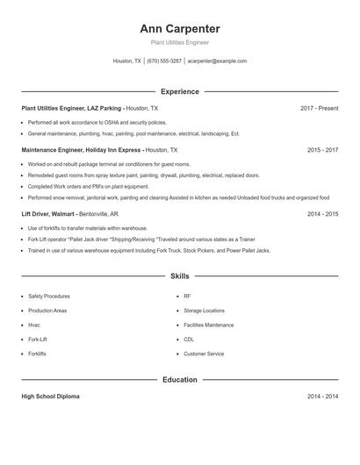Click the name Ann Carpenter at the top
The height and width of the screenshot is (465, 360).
pyautogui.click(x=179, y=29)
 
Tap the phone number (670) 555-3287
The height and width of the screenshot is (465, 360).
pyautogui.click(x=164, y=61)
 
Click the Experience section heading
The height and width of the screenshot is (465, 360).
pyautogui.click(x=179, y=91)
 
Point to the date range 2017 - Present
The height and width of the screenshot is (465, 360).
pyautogui.click(x=319, y=108)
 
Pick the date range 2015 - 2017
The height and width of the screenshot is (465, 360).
pyautogui.click(x=322, y=150)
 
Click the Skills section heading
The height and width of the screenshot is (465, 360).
pyautogui.click(x=179, y=275)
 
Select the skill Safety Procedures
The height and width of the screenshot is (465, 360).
pyautogui.click(x=49, y=297)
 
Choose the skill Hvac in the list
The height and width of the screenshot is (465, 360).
pyautogui.click(x=35, y=325)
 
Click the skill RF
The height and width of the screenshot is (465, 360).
pyautogui.click(x=187, y=297)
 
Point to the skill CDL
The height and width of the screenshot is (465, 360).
pyautogui.click(x=189, y=339)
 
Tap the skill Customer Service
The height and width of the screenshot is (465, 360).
pyautogui.click(x=204, y=354)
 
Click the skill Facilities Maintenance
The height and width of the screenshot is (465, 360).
pyautogui.click(x=208, y=325)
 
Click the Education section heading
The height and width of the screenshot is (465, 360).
pyautogui.click(x=179, y=380)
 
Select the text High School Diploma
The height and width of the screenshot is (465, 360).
pyautogui.click(x=50, y=397)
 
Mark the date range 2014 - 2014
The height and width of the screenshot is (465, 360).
pyautogui.click(x=322, y=397)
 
